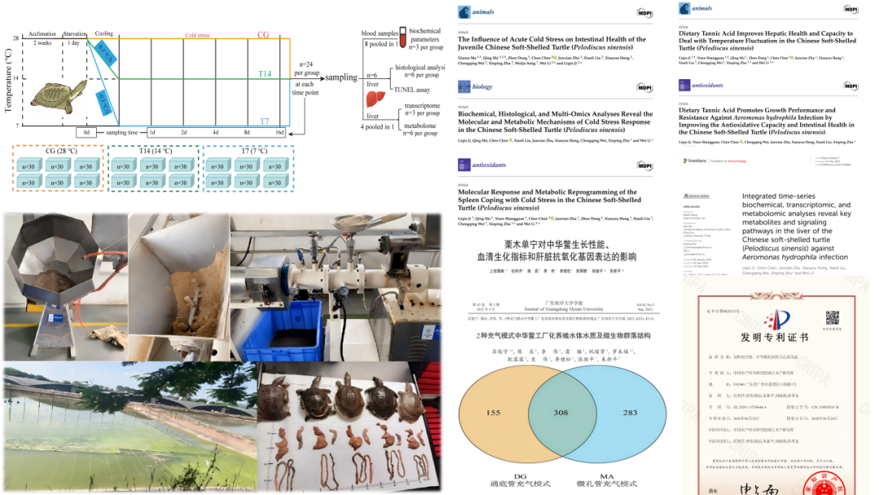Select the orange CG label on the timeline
click(263, 35)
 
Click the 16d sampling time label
click(279, 133)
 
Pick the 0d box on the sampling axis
click(87, 133)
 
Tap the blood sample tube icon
click(401, 36)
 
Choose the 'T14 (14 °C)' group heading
click(155, 151)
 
